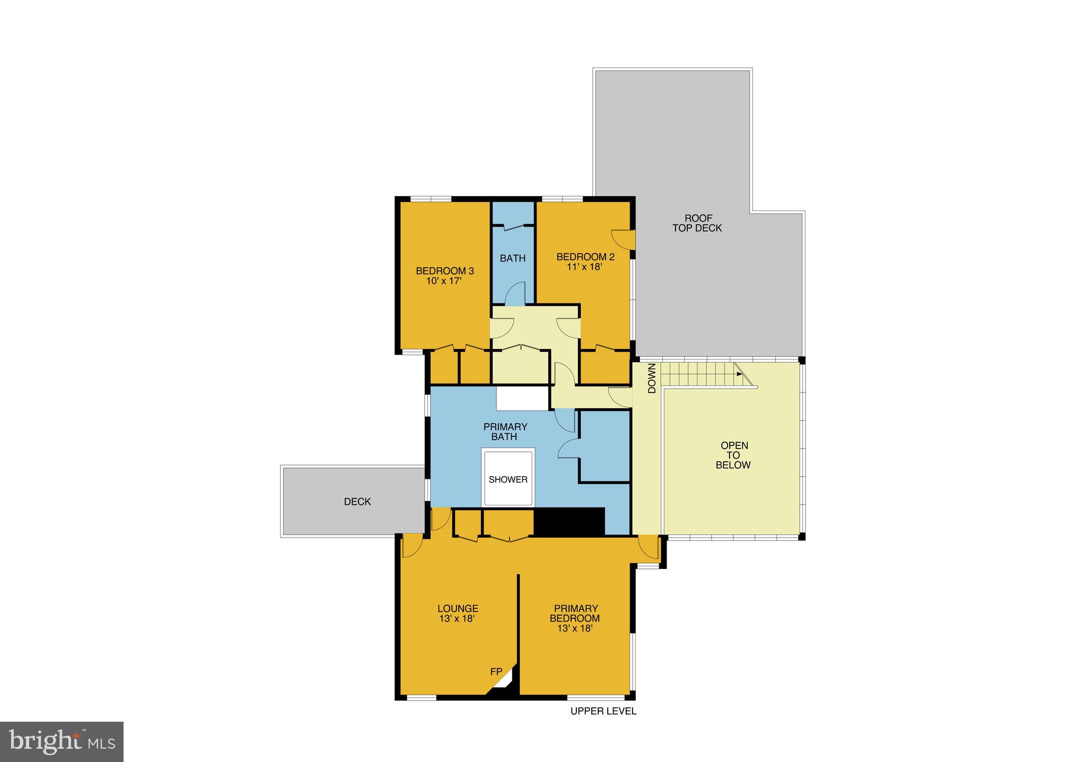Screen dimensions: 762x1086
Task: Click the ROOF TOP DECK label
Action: coord(697,223)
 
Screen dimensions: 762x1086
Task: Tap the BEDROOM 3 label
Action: coord(444,271)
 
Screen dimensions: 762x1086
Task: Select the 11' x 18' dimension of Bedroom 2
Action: coord(585,267)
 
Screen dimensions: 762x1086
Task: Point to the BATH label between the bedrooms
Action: coord(513,258)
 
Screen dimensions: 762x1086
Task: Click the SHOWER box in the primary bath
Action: coord(507,479)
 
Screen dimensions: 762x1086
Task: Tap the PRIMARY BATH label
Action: coord(505,432)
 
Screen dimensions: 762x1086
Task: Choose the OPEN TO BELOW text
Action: coord(733,455)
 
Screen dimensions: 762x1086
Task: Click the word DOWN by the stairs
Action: coord(652,378)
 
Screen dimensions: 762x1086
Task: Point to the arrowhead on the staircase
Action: coord(739,374)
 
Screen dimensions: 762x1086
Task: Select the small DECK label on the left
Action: coord(357,502)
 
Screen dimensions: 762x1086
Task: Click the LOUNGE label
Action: coord(458,609)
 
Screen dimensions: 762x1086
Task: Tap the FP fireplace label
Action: coord(496,672)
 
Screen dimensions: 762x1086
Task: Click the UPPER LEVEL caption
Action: coord(603,711)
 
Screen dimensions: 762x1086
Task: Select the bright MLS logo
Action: coord(62,741)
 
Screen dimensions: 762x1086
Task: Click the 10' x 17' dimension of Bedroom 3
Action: coord(444,281)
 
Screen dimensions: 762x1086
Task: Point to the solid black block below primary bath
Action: coord(569,521)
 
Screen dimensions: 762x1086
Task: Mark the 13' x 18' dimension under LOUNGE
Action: coord(457,619)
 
